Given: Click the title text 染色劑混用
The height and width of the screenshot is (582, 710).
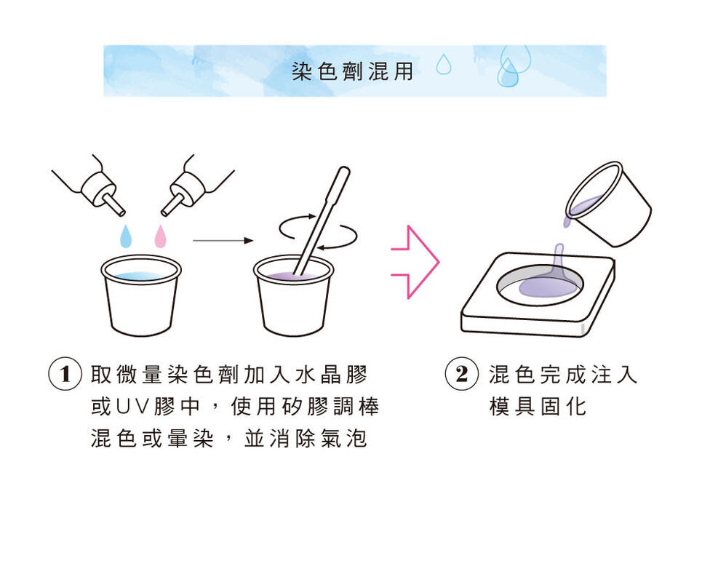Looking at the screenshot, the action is tap(352, 71).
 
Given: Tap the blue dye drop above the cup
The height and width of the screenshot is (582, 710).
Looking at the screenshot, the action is tap(126, 236).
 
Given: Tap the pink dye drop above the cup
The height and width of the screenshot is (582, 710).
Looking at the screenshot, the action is tap(160, 236).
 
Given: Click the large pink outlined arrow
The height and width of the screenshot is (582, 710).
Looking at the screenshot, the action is tap(415, 262).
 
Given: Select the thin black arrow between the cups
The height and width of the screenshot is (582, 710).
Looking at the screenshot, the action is tap(223, 241).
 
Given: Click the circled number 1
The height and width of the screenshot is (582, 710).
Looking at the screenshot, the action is tap(65, 374).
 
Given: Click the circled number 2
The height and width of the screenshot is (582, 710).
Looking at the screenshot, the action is tap(462, 374).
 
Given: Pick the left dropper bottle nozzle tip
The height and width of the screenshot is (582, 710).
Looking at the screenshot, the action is tap(121, 213).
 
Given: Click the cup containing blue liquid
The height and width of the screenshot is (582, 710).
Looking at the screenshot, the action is tap(141, 295).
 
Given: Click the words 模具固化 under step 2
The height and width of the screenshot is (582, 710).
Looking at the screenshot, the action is tap(538, 406).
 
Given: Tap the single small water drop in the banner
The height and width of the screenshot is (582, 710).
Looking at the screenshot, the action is tap(444, 64).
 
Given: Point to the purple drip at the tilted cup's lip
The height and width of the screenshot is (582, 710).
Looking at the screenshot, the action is tap(567, 222).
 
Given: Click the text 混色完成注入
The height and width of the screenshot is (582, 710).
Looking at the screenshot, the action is tap(563, 375).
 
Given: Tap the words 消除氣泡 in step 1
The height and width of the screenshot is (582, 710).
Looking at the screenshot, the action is tap(318, 438).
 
